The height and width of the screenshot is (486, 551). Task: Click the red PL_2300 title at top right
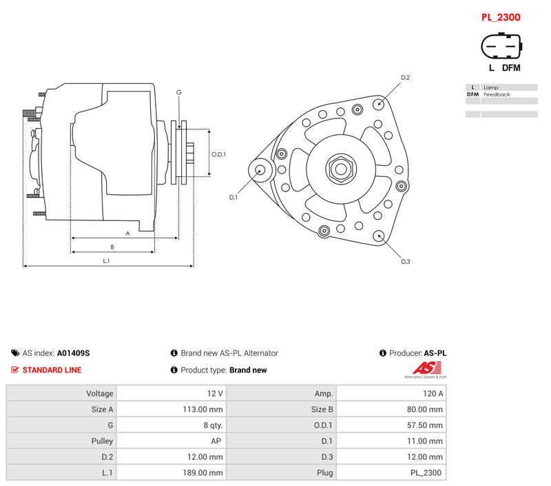(x=501, y=17)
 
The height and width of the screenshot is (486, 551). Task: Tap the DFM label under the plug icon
(x=511, y=67)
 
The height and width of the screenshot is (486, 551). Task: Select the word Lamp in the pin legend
(x=490, y=87)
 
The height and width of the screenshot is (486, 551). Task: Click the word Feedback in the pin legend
(x=497, y=94)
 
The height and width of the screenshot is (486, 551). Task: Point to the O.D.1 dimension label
(x=218, y=154)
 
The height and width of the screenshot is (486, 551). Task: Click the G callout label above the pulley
(x=179, y=92)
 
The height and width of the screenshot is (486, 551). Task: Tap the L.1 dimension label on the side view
(x=107, y=261)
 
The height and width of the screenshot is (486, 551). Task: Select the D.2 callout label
(x=405, y=78)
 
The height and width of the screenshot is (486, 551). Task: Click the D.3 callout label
(x=406, y=262)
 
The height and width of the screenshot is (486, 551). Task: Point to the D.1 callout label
(x=233, y=198)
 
